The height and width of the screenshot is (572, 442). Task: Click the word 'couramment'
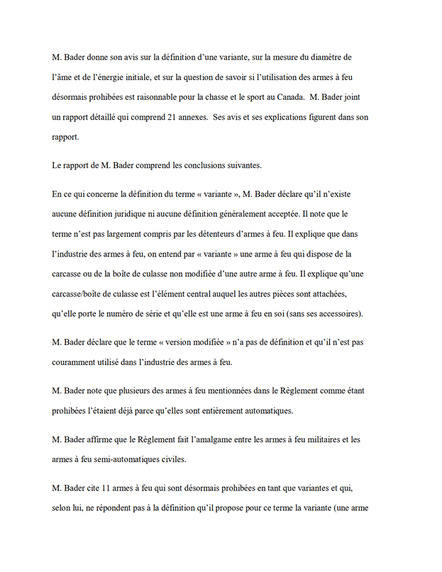tap(78, 361)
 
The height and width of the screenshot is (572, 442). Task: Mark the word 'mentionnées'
tap(219, 390)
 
